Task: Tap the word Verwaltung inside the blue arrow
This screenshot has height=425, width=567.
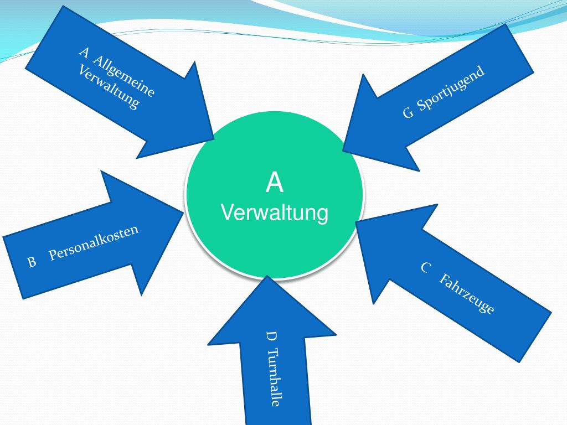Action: point(109,87)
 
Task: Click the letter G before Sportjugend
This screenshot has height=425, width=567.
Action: point(408,113)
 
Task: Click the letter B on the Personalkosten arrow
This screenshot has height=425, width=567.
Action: point(32,262)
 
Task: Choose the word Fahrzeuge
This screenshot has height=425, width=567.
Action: point(467,294)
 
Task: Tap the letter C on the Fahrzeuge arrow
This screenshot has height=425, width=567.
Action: point(426,268)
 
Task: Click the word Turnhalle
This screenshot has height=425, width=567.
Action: point(274,377)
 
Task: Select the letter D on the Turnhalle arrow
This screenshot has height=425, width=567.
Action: point(271,336)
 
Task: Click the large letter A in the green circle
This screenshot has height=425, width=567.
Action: point(275,183)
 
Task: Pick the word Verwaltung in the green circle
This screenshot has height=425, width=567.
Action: point(275,212)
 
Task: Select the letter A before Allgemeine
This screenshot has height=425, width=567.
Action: point(85,53)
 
